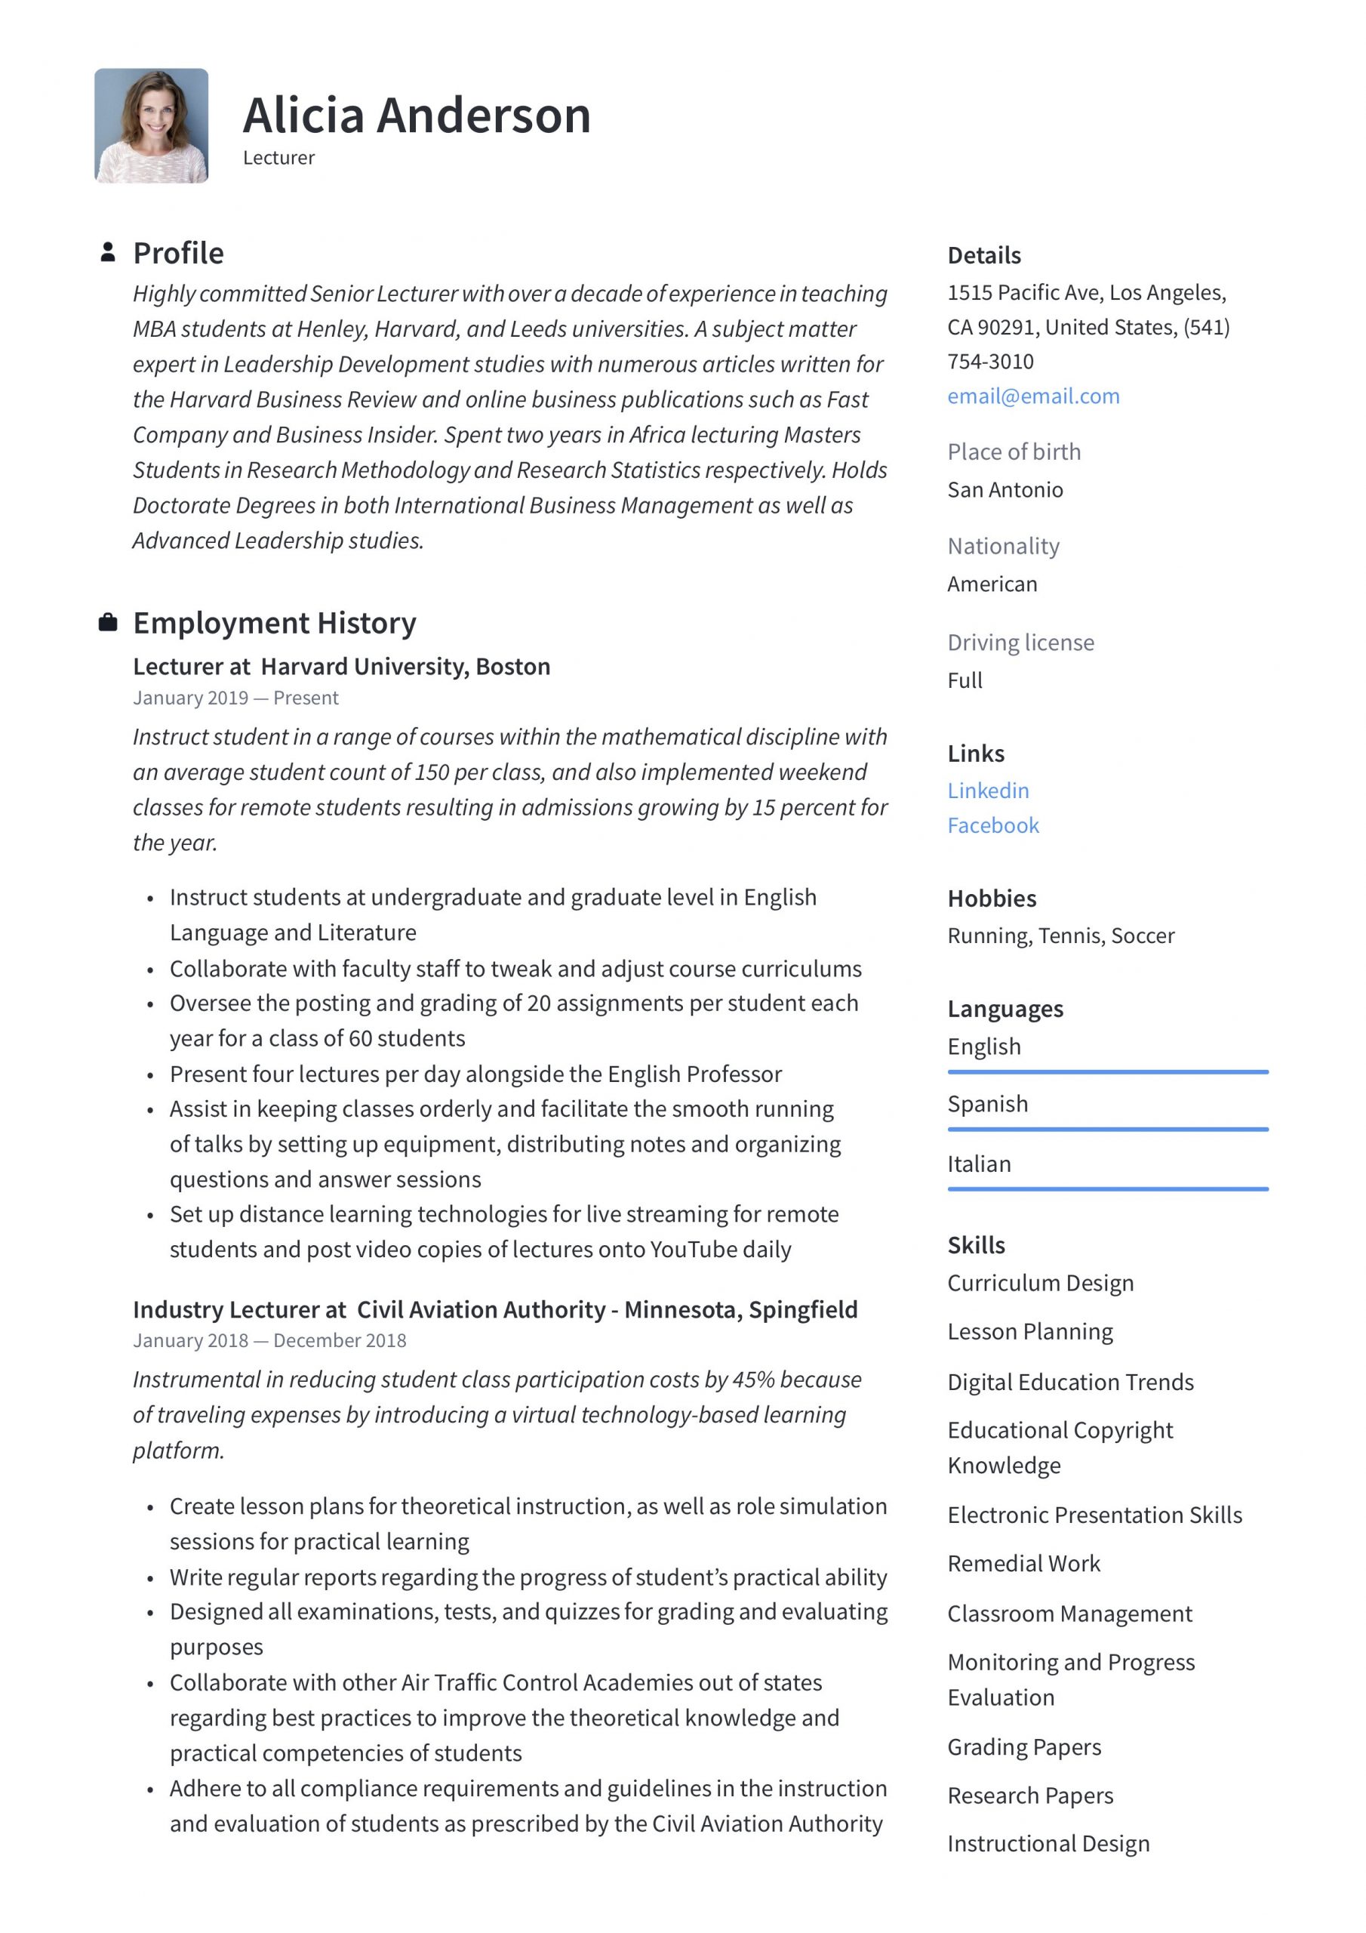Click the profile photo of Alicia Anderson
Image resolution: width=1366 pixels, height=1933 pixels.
tap(151, 125)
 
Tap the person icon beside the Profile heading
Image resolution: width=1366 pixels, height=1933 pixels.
tap(108, 251)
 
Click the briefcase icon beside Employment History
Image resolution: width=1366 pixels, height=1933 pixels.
tap(108, 622)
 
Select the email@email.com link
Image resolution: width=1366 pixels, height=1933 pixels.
tap(1032, 396)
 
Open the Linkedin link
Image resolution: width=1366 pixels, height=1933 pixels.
tap(987, 790)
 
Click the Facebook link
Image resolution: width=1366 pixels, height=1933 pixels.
tap(992, 825)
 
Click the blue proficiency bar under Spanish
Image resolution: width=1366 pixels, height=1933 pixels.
tap(1107, 1129)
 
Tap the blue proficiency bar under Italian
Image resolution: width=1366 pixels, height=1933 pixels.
tap(1107, 1188)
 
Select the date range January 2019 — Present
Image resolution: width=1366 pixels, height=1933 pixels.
tap(235, 697)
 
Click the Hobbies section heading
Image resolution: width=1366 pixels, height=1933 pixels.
tap(992, 898)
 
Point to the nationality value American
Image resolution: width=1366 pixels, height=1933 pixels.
tap(992, 584)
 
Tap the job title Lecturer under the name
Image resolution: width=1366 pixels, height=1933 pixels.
tap(278, 158)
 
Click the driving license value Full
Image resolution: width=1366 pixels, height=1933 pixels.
tap(965, 680)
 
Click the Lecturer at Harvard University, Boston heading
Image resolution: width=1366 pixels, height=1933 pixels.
tap(341, 666)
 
